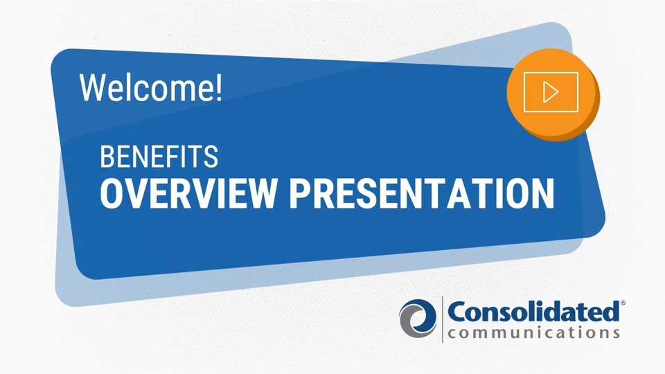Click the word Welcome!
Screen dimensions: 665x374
(150, 87)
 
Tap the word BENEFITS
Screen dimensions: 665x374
(159, 157)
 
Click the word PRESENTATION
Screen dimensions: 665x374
(422, 193)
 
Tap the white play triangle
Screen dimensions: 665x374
(550, 92)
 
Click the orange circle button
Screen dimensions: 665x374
(552, 94)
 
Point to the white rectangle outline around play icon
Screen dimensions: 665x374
(551, 73)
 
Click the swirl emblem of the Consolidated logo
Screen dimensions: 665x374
(418, 319)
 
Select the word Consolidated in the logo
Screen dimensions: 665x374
(533, 312)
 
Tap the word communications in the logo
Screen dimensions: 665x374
(533, 332)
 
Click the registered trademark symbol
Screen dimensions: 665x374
(623, 303)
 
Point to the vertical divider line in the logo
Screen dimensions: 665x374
(443, 319)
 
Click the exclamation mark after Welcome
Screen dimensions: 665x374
(218, 88)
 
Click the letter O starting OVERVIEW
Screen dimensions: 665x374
(112, 193)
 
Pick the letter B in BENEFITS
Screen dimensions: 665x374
(107, 157)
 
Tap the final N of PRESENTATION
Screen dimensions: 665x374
(543, 193)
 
